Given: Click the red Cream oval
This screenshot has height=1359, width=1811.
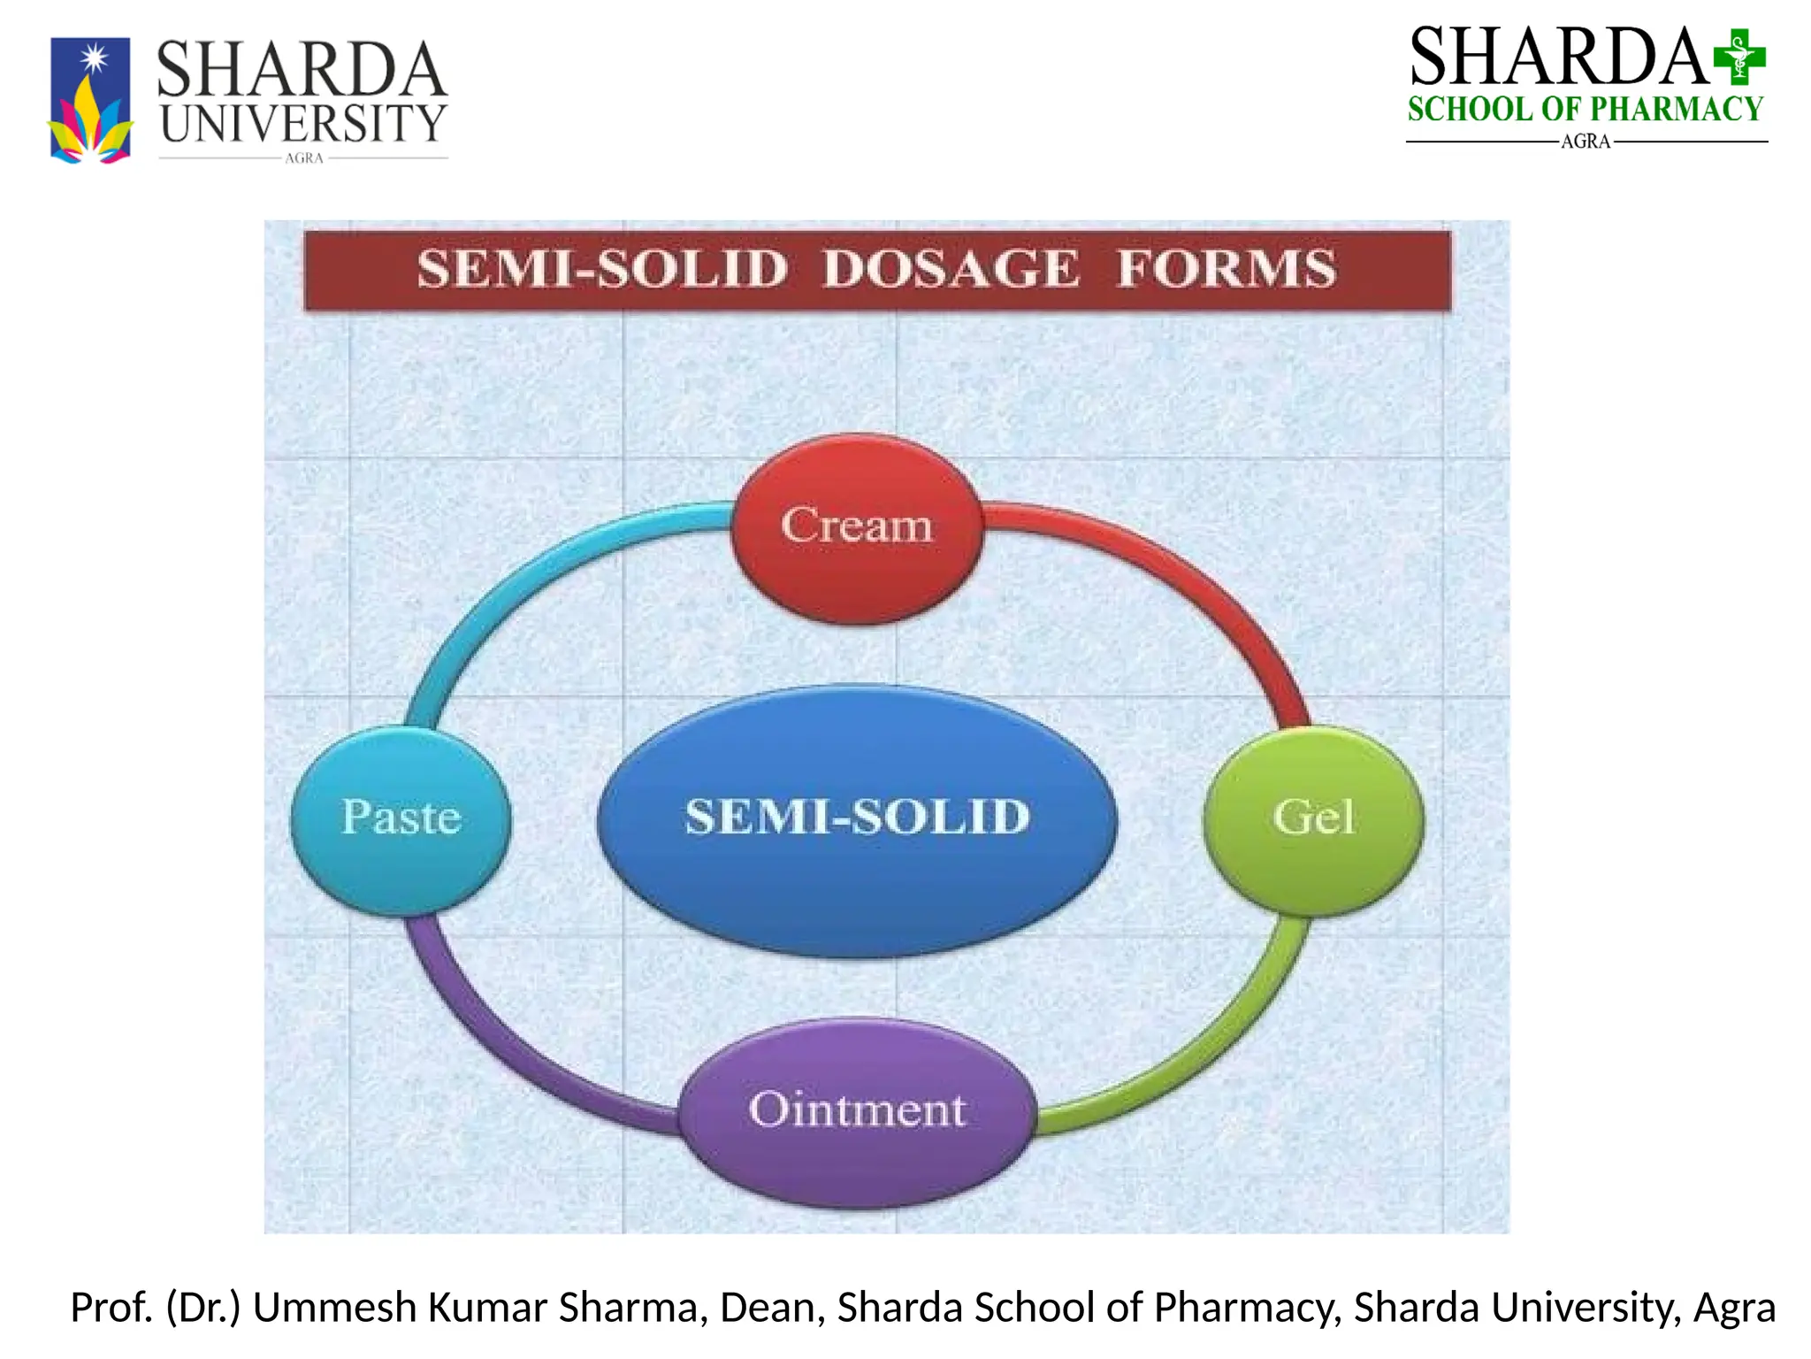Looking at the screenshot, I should (x=856, y=528).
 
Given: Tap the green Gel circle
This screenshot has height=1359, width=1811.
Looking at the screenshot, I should (x=1313, y=818).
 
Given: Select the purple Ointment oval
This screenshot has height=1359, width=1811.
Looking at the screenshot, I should (x=857, y=1111).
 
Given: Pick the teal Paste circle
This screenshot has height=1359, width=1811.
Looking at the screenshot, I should (x=401, y=818).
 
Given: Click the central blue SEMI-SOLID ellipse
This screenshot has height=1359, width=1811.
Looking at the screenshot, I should (x=857, y=818).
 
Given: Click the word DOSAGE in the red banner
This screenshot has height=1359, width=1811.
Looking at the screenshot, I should (x=951, y=269).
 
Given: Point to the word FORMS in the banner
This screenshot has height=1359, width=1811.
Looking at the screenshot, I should (x=1226, y=269).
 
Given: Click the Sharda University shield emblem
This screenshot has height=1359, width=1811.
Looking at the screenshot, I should (x=90, y=99).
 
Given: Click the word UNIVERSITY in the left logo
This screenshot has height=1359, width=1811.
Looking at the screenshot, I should (x=303, y=124).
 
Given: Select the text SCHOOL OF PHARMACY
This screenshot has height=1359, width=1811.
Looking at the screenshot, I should (x=1586, y=110).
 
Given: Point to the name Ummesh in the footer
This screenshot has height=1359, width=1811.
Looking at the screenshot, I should (x=334, y=1308).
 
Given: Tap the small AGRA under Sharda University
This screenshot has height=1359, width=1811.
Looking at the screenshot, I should (x=304, y=158).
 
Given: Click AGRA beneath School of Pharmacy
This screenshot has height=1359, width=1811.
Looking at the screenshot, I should (x=1586, y=142).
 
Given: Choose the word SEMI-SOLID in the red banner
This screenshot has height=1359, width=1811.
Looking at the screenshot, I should (x=602, y=269).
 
